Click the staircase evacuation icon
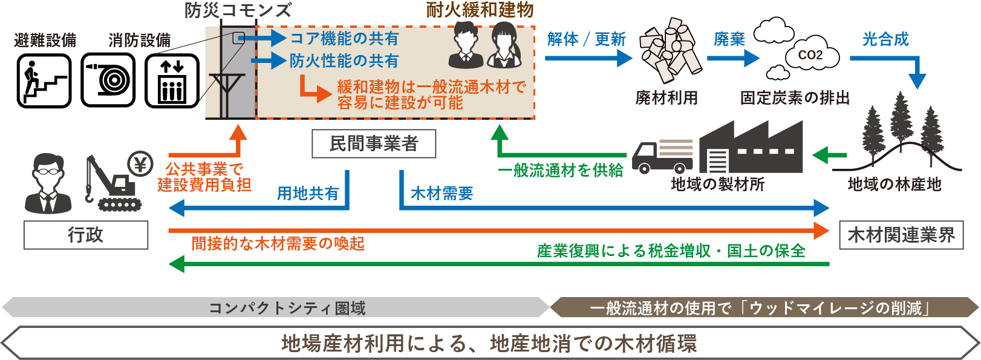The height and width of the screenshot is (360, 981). coord(44,80)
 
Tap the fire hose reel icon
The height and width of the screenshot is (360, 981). coord(108,80)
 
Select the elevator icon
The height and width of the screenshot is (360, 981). coord(172,80)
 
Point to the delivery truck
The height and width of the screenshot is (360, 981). coord(663,155)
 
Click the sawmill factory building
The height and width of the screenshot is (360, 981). coord(751,148)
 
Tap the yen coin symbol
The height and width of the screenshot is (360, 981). coord(141,164)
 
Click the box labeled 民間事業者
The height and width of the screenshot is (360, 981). coord(373,144)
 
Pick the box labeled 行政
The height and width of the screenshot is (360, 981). coord(86,235)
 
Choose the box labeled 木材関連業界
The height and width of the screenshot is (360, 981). coord(901,235)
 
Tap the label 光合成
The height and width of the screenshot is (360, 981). coord(885,39)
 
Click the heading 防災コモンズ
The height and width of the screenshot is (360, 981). coord(238,10)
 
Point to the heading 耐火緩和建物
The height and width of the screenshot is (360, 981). coord(480,10)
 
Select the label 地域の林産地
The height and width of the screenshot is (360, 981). coord(895,184)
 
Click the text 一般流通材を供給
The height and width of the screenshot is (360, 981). coord(560,171)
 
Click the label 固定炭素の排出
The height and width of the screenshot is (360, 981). coord(795,97)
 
